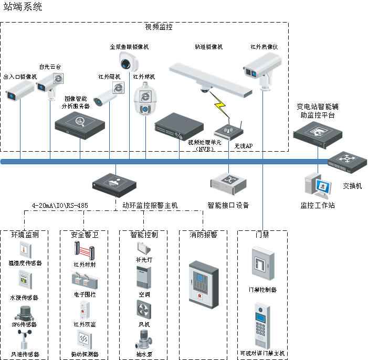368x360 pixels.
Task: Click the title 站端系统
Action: coord(24,7)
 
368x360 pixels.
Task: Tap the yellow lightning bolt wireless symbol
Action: coord(222,108)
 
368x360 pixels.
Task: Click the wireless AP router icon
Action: coord(229,131)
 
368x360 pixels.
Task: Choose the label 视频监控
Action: coord(159,27)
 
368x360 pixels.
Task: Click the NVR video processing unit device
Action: coord(178,125)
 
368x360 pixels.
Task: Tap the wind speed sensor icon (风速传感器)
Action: coord(24,340)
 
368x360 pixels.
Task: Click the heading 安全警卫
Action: coord(84,235)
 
